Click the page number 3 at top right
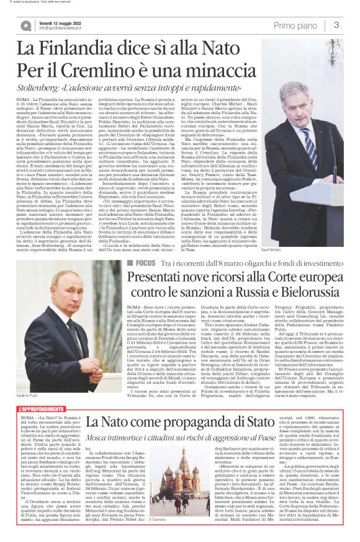click(335, 25)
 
